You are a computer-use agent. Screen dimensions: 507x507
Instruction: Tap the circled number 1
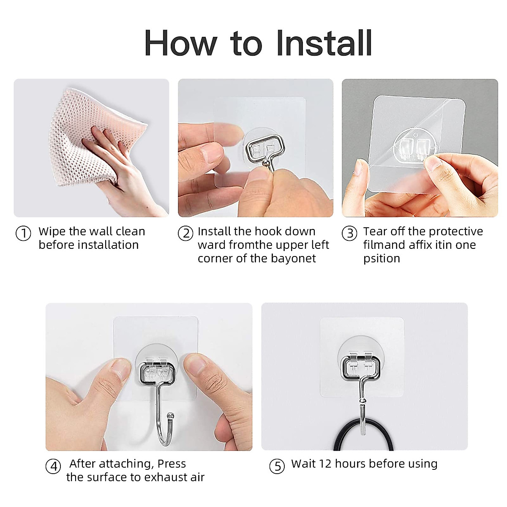[x=23, y=233]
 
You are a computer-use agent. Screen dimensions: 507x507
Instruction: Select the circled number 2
[x=185, y=233]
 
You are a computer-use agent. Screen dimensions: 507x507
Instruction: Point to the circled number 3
[x=349, y=233]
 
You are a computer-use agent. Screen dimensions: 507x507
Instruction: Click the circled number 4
[x=53, y=466]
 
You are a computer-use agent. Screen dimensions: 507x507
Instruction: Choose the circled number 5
[x=277, y=466]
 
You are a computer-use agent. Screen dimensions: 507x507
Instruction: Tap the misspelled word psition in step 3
[x=381, y=259]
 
